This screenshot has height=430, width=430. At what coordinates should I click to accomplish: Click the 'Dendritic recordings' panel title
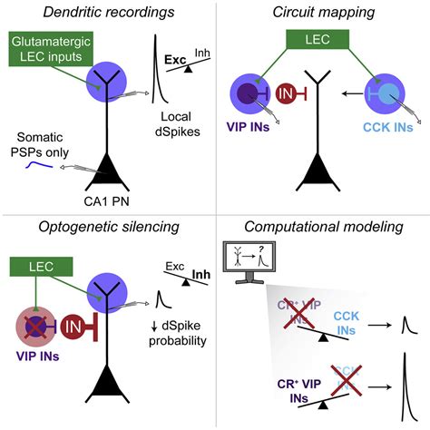(x=106, y=13)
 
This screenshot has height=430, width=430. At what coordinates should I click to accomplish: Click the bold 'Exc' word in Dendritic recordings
(x=174, y=61)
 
